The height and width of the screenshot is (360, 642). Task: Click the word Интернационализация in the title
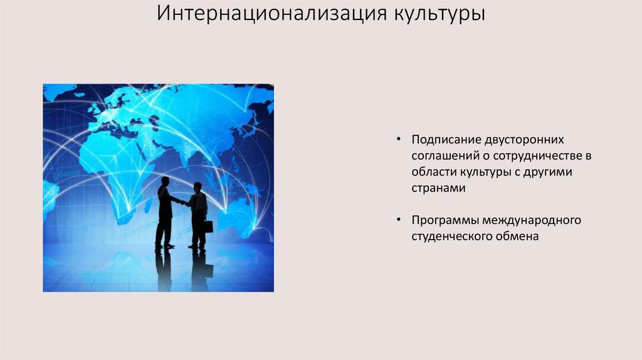click(x=272, y=13)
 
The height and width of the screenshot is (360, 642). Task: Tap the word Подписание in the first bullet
click(x=446, y=140)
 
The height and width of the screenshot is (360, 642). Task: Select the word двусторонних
click(x=524, y=140)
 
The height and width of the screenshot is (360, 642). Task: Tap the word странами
click(x=438, y=188)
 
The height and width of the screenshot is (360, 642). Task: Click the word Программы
click(x=445, y=220)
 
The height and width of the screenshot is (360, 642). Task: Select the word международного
click(x=532, y=220)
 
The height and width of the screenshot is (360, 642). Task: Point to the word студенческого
click(x=452, y=236)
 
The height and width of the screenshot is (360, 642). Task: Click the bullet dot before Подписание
click(x=398, y=139)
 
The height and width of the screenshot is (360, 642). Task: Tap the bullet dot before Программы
click(x=398, y=220)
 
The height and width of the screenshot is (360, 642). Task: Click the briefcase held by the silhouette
click(x=208, y=226)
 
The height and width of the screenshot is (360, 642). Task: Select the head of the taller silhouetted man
click(x=165, y=181)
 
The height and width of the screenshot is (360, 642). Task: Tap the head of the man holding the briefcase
click(x=197, y=187)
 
